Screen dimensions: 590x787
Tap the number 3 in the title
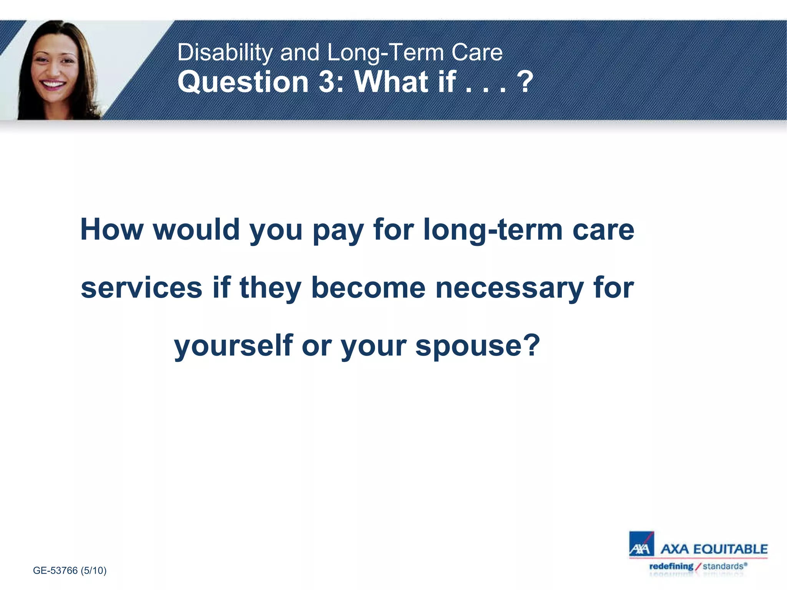[x=327, y=82]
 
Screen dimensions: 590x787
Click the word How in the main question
[x=112, y=230]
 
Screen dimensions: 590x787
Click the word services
[x=141, y=288]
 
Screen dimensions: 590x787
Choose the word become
[x=368, y=288]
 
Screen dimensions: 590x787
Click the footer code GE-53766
[x=55, y=570]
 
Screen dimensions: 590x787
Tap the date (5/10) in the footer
[x=93, y=570]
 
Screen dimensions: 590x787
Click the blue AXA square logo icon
[x=641, y=544]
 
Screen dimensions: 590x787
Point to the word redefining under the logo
[x=671, y=566]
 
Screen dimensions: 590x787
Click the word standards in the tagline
[x=723, y=566]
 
